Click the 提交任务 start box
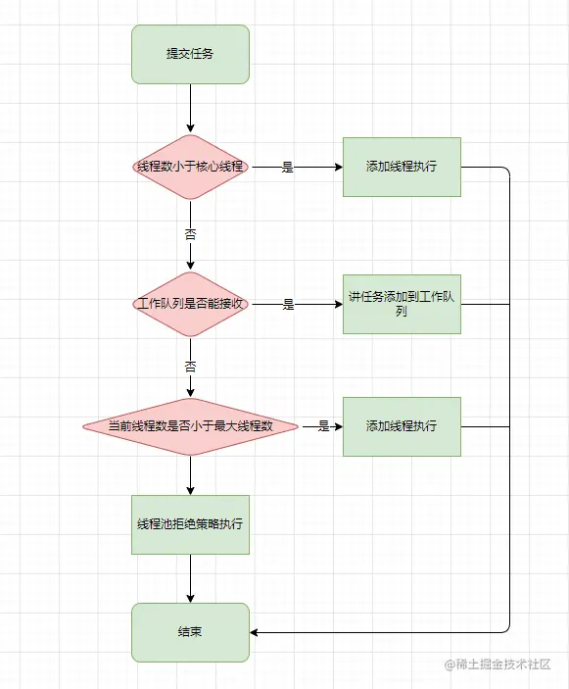pos(190,54)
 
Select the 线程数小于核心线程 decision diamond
pos(190,167)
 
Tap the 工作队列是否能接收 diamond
pos(190,304)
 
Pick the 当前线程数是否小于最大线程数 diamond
pos(190,426)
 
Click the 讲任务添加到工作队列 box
pos(401,304)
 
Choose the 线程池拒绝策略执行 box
pos(190,523)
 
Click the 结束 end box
pos(190,632)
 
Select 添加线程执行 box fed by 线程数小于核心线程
pos(401,167)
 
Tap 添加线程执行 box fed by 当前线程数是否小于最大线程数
pos(401,426)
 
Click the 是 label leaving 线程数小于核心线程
pos(288,168)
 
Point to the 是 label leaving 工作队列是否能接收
pos(288,305)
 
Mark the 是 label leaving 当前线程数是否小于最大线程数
pos(323,426)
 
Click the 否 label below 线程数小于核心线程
pos(190,234)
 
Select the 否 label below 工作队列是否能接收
pos(190,367)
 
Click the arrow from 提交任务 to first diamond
pos(190,108)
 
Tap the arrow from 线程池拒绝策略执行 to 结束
pos(190,578)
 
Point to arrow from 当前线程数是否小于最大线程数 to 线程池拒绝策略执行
pos(190,475)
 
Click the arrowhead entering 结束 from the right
pos(257,632)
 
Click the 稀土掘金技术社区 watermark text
pos(504,664)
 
